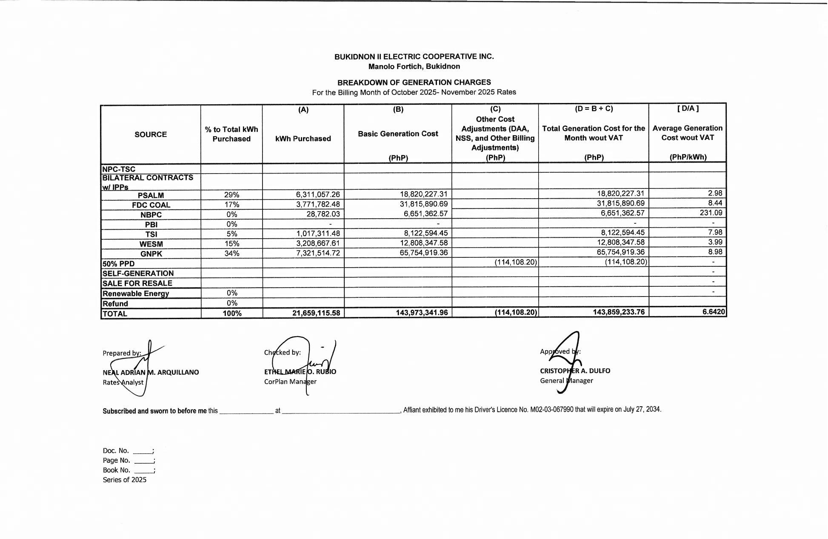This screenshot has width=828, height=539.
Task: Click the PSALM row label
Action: coord(151,195)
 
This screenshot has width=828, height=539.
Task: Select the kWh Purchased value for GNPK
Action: coord(318,253)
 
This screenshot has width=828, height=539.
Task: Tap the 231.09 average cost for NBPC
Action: coord(711,213)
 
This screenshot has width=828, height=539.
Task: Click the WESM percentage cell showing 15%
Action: coord(232,244)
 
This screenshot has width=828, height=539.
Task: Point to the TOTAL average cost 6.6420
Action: coord(713,312)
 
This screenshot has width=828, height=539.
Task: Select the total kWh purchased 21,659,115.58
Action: coord(316,313)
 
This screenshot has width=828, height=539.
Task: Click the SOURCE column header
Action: coord(151,134)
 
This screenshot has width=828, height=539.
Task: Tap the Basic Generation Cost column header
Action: coord(398,134)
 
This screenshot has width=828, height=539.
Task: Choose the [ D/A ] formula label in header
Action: coord(688,108)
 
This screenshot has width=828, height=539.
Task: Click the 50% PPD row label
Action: coord(118,264)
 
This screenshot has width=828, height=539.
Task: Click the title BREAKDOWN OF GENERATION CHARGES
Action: coord(414,83)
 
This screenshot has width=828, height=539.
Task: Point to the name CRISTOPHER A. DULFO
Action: coord(575,371)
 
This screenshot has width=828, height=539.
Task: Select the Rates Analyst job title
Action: coord(123,382)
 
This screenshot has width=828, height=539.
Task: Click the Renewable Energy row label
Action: coord(136,294)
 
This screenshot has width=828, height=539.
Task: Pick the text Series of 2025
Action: coord(124,480)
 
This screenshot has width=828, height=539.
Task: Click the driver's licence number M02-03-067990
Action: coord(551,410)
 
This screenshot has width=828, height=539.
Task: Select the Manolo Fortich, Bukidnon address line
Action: coord(414,66)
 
